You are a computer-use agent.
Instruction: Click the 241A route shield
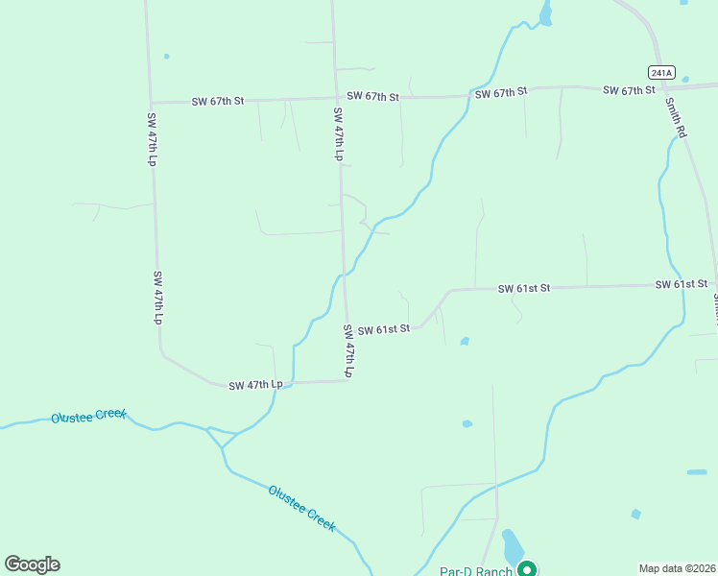(661, 72)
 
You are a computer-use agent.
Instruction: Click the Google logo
(32, 564)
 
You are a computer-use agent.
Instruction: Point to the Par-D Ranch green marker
(527, 569)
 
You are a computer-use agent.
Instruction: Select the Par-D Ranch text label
(476, 571)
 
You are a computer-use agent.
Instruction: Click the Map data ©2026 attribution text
(677, 567)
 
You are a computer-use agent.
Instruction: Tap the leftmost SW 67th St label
(219, 101)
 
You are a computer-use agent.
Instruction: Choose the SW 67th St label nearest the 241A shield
(629, 90)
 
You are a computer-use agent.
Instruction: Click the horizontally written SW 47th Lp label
(256, 385)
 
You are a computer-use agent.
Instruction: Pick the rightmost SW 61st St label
(682, 285)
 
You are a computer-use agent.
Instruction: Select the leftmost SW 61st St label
(384, 329)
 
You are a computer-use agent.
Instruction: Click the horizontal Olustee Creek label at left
(89, 416)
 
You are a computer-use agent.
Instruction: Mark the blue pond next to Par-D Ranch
(512, 546)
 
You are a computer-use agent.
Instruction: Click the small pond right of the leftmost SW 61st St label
(465, 341)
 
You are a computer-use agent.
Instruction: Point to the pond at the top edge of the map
(545, 12)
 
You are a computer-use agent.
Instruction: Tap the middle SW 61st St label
(523, 288)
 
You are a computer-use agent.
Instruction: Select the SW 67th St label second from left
(372, 96)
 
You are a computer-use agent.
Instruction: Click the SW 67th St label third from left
(501, 93)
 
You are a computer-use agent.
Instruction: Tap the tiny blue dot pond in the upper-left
(166, 56)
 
